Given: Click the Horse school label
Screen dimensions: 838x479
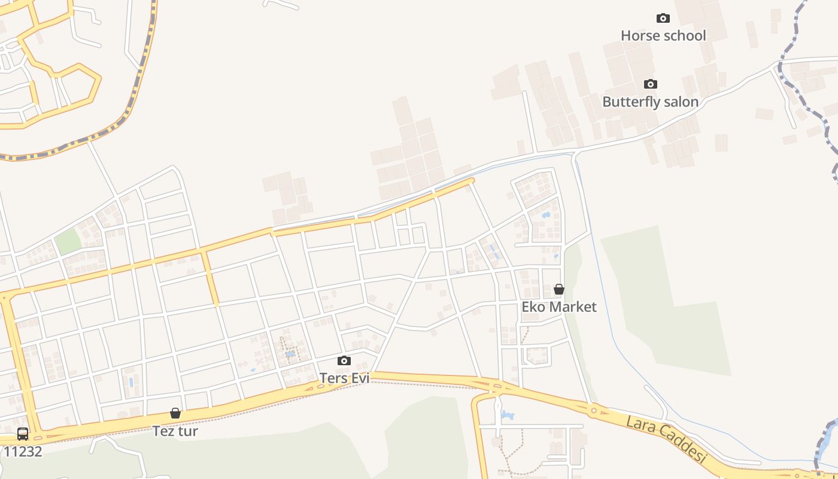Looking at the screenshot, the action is point(663,36).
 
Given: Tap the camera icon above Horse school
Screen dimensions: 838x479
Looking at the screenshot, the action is point(663,18).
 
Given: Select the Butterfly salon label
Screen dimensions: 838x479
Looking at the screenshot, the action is point(650,102).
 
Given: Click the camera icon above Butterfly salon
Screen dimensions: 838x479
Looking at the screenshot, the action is point(651,84).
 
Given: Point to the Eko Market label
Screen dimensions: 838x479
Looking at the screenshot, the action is point(559,307).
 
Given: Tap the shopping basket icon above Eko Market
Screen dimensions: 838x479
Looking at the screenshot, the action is point(559,289).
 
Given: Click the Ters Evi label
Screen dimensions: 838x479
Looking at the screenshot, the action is point(344,378).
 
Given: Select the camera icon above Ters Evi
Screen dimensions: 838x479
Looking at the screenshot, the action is point(344,360).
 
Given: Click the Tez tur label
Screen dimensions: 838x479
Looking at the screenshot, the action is point(175,431).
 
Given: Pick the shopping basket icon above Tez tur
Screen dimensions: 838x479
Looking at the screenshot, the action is point(175,413).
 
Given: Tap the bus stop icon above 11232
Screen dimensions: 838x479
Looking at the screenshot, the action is point(23,434).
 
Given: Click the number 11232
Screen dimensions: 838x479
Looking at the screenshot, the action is point(23,451).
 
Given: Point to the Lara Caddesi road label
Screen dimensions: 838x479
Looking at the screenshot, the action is point(666,441).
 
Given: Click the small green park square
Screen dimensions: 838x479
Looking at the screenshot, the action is point(68,241).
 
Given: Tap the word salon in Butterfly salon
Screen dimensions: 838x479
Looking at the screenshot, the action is point(679,102).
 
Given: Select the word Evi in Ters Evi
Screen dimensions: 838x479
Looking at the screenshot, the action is point(360,378).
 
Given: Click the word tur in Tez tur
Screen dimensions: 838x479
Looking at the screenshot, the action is point(188,431).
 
